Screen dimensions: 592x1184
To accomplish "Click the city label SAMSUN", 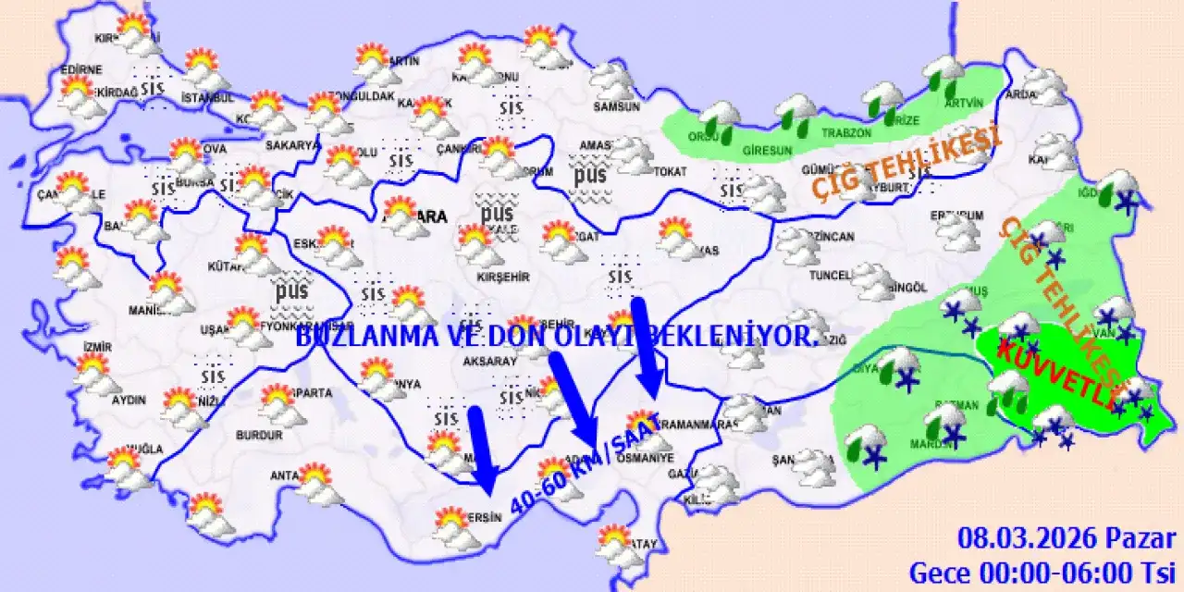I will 618,106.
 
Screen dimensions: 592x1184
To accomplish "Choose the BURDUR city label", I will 259,434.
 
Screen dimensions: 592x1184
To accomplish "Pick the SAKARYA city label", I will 292,145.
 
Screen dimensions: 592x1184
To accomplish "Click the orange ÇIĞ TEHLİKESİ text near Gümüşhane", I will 906,165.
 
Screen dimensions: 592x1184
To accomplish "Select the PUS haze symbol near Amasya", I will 589,175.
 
